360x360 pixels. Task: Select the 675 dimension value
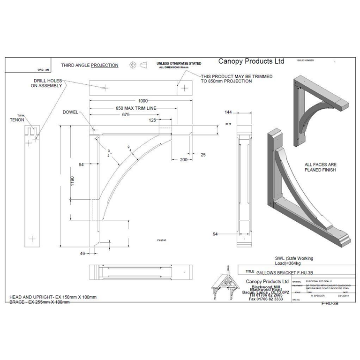126,114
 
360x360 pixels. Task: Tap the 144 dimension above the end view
229,112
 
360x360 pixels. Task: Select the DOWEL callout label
71,112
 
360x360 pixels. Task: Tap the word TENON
16,120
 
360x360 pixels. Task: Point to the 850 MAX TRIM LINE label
136,108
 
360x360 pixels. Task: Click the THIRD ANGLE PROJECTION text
90,65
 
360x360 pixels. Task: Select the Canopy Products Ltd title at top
252,61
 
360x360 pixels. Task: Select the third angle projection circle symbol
133,64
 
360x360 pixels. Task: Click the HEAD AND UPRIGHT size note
53,298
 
